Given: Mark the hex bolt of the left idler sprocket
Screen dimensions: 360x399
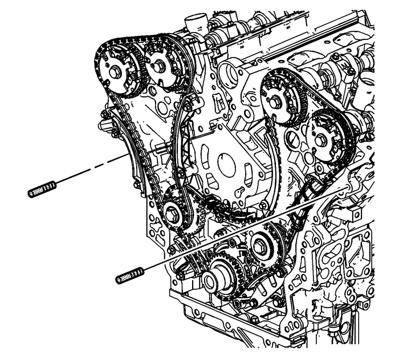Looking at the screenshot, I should (171, 215).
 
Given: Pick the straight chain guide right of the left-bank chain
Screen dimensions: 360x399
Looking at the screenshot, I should (181, 143).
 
